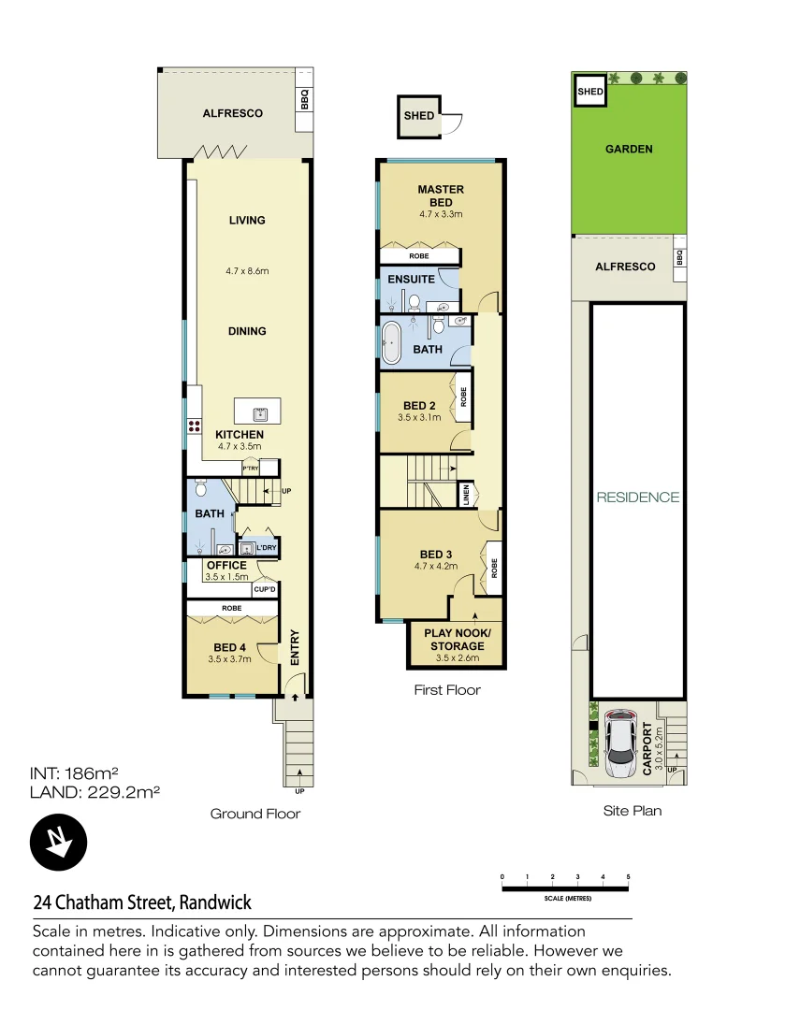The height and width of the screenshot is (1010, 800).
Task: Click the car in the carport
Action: point(621,744)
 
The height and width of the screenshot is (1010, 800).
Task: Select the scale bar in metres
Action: point(565,887)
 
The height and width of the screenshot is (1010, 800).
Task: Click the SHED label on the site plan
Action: point(589,92)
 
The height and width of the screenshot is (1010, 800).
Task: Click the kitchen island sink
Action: point(257,411)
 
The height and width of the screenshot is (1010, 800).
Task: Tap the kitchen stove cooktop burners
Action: point(196,426)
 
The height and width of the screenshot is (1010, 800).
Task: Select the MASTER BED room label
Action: point(441,195)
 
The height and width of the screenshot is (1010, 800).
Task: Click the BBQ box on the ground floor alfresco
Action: point(304,98)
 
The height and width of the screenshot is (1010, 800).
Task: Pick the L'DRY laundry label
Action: point(266,548)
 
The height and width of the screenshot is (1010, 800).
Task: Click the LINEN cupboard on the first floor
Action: point(465,495)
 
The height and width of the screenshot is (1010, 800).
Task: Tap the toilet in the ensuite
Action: point(412,301)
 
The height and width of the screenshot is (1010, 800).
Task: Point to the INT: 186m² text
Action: point(75,773)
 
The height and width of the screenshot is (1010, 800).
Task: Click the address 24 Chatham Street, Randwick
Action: point(142,902)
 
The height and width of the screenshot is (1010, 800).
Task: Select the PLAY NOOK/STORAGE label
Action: point(458,640)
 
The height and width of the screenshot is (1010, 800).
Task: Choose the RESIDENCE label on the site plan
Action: point(638,498)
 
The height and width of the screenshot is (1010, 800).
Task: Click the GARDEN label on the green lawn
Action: point(629,149)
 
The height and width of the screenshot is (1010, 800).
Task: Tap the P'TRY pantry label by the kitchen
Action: point(251,468)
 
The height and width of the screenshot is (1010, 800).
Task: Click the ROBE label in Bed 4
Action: point(231,608)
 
